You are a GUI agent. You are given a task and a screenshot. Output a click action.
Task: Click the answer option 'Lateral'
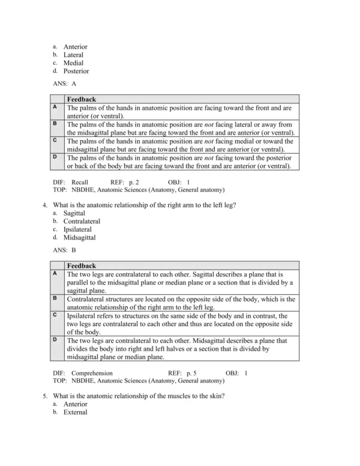(x=73, y=55)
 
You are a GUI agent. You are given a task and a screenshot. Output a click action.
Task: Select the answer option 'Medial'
(x=73, y=62)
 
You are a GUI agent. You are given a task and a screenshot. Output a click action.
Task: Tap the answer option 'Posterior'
(x=76, y=71)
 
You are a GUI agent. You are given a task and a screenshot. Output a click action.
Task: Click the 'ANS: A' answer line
(x=64, y=84)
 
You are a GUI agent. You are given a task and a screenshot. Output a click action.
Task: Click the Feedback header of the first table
(x=81, y=99)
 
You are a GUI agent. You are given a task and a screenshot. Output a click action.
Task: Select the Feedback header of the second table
(x=81, y=265)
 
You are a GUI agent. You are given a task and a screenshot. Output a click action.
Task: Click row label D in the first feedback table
(x=55, y=157)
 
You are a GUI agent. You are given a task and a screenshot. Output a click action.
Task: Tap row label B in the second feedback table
(x=55, y=297)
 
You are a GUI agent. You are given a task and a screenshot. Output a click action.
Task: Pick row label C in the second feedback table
(x=55, y=314)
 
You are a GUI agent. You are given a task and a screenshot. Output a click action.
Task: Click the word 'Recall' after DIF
(x=79, y=181)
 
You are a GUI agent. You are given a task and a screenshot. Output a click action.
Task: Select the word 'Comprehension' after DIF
(x=92, y=373)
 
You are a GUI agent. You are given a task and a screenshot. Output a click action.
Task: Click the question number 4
(x=45, y=205)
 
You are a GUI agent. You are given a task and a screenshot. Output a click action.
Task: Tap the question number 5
(x=45, y=396)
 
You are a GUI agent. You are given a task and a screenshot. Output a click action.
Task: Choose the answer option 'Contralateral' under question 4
(x=82, y=221)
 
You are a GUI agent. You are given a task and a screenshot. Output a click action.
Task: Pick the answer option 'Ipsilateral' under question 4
(x=78, y=229)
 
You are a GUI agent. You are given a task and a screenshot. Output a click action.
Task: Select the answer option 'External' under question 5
(x=75, y=412)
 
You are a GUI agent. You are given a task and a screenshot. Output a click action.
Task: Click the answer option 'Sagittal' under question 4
(x=74, y=213)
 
